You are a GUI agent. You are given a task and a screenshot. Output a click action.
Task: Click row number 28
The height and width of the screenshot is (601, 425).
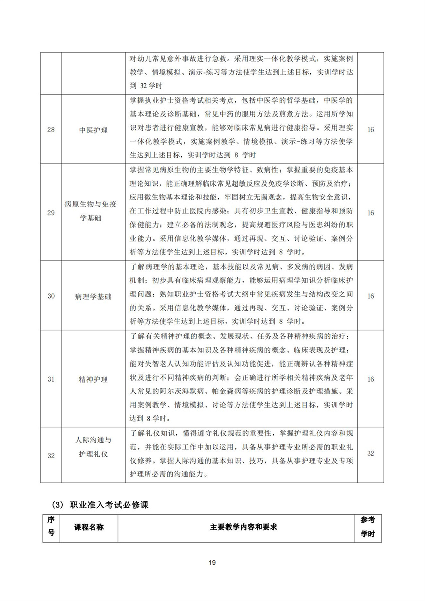click(x=51, y=130)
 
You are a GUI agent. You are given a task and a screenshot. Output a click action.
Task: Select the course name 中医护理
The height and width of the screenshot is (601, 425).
click(x=93, y=130)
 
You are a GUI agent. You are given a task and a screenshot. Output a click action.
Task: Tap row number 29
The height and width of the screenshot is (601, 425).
click(x=51, y=213)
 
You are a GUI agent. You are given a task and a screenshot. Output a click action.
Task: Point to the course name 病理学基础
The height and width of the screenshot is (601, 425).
click(x=93, y=296)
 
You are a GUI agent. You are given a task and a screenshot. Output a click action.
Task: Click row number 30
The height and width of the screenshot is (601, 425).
click(x=51, y=296)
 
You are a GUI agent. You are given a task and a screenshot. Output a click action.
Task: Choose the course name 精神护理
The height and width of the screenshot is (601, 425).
click(x=93, y=379)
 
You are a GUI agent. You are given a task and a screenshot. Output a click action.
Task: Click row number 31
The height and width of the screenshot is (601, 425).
click(x=51, y=379)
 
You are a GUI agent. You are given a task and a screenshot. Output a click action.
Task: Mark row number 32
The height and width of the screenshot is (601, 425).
click(x=51, y=455)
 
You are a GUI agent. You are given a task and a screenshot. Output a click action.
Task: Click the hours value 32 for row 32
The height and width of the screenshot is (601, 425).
click(x=371, y=453)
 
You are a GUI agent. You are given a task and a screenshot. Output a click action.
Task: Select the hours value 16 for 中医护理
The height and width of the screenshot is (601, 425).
click(x=371, y=130)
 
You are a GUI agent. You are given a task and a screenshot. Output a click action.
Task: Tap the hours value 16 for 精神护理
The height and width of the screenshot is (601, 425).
click(x=371, y=379)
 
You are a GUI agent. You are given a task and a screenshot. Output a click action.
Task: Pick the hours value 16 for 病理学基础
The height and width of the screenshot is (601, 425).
click(x=371, y=296)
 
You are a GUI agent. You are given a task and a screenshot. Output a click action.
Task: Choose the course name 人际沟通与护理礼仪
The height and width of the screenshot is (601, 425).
click(x=93, y=448)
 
